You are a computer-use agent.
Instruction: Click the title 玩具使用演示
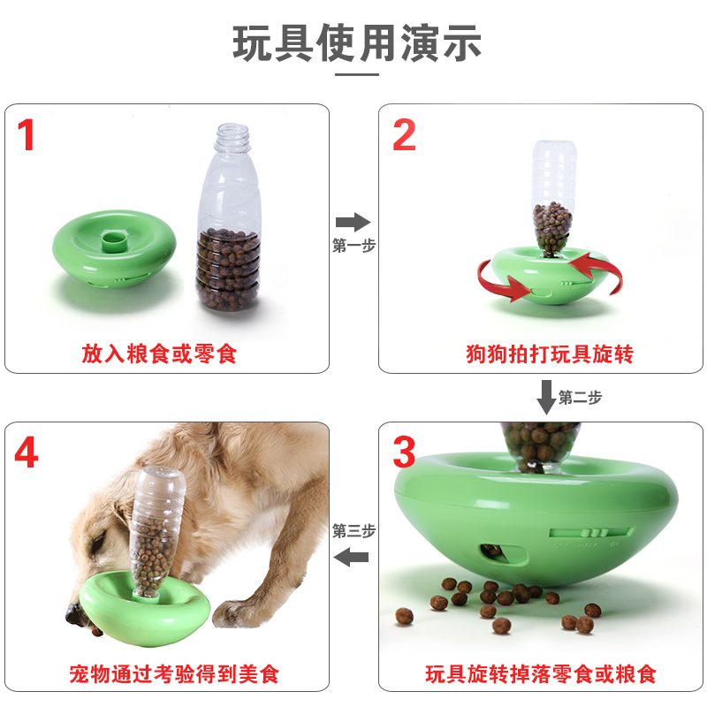point(357,42)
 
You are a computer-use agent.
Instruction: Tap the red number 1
point(26,134)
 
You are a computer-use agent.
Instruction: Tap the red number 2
point(404,134)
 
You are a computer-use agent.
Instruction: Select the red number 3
point(404,452)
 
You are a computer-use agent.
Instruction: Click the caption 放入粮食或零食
point(159,353)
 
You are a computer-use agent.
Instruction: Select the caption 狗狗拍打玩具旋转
point(550,354)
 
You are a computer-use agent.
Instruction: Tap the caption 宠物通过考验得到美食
point(174,674)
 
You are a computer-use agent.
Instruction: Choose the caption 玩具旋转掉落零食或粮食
point(541,674)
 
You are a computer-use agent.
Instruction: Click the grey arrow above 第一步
point(353,222)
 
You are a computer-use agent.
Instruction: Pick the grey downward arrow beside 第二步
point(546,397)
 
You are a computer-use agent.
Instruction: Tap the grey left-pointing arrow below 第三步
point(351,558)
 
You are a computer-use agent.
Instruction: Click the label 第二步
point(580,398)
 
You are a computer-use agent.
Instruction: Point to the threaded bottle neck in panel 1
point(232,138)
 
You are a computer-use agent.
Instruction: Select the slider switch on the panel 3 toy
point(589,533)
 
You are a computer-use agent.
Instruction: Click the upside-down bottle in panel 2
point(553,198)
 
